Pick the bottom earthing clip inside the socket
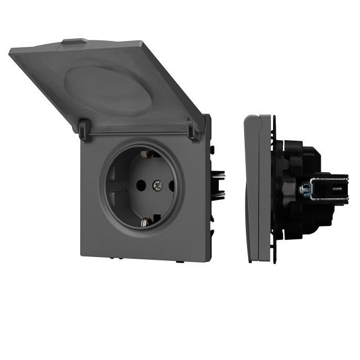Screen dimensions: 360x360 click(145, 222)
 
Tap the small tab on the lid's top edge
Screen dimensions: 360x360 click(74, 41)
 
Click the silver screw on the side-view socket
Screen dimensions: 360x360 click(304, 189)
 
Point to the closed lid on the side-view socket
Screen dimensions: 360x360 click(253, 188)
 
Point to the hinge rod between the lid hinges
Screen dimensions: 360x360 click(138, 133)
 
